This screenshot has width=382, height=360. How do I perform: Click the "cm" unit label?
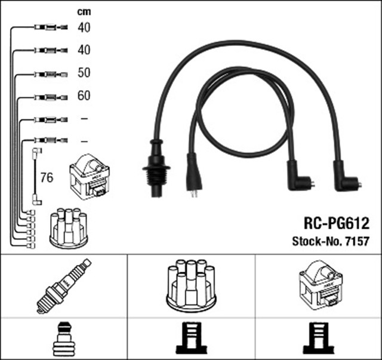84,12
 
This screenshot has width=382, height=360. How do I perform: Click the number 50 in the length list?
84,73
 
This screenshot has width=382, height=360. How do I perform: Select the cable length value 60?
84,96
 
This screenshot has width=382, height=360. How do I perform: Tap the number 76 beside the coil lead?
47,178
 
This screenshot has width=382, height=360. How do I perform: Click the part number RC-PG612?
337,223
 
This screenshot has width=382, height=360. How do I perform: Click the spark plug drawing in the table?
64,286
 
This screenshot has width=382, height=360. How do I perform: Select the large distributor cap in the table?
191,285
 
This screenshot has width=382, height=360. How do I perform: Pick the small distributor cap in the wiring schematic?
69,229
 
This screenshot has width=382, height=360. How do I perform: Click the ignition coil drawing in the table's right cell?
321,285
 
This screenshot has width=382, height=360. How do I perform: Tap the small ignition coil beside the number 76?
90,177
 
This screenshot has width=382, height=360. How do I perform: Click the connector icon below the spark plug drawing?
64,340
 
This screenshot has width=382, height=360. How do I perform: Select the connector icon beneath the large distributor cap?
192,339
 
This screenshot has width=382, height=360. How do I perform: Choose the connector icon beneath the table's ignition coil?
319,339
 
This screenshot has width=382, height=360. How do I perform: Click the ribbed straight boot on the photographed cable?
156,168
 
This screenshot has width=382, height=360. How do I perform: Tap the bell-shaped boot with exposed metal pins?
194,175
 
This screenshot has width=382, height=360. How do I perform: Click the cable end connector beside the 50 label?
51,75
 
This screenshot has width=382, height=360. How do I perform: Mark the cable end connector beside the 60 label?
51,97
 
